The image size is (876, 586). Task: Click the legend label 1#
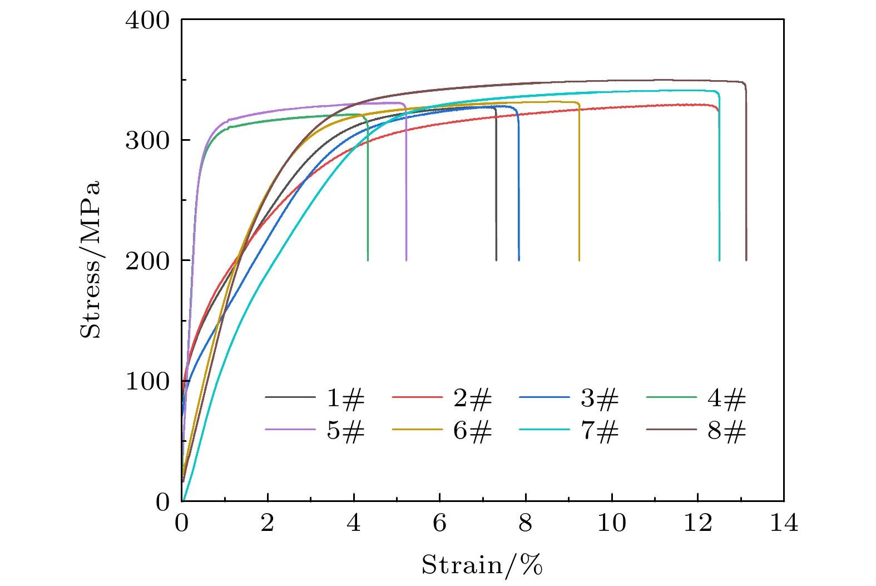coord(345,398)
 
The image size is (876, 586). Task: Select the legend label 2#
coord(473,398)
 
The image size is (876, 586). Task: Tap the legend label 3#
coord(600,398)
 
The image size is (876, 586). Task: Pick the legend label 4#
coord(727,398)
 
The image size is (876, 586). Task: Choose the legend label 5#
coord(345,431)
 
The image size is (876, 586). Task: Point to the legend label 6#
coord(473,431)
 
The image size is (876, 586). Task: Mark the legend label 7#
coord(600,431)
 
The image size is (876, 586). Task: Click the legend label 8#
coord(727,431)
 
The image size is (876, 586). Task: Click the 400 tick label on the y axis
coord(147,21)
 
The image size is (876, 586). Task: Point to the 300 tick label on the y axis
coord(147,141)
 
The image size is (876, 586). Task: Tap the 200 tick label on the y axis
coord(147,261)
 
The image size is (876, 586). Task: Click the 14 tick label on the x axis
coord(784,524)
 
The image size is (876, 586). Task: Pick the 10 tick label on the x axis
coord(611,524)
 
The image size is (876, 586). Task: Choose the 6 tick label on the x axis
coord(439,524)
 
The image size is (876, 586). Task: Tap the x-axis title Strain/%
coord(482,565)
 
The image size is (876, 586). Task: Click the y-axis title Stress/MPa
coord(91,259)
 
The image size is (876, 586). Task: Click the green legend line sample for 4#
coord(671,397)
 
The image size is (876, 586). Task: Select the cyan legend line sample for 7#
coord(545,430)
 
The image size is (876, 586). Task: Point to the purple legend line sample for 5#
coord(290,430)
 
